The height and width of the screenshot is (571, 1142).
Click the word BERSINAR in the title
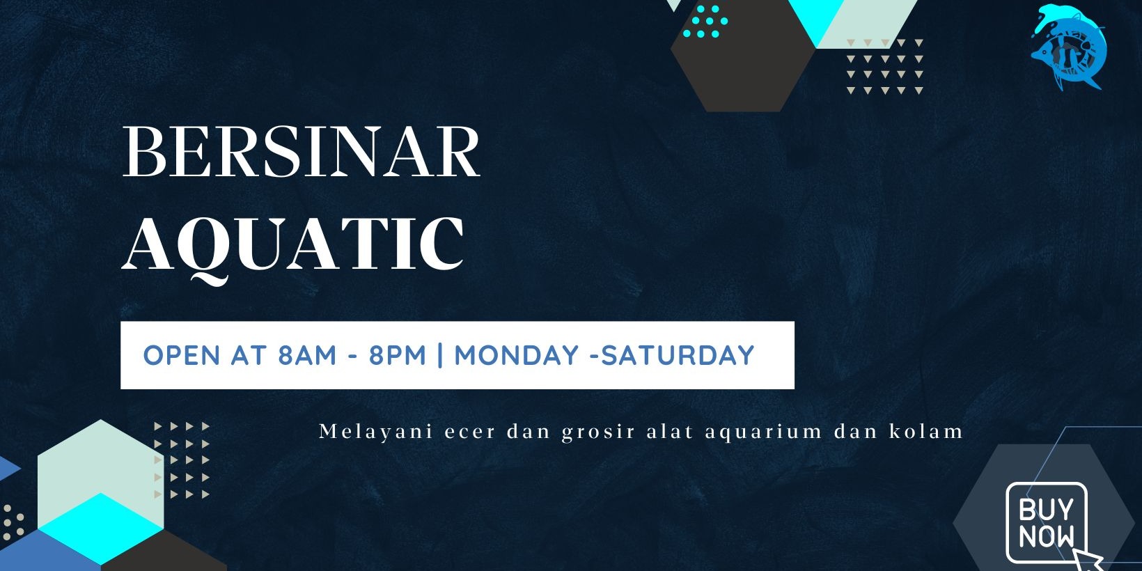302,152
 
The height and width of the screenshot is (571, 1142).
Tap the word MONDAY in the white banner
517,355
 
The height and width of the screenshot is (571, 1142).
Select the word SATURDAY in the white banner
678,355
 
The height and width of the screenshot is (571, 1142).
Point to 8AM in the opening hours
307,355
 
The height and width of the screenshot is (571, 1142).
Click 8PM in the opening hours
398,355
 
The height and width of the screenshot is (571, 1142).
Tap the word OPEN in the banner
182,355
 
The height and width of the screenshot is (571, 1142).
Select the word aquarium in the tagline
764,432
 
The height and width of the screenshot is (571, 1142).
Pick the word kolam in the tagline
926,431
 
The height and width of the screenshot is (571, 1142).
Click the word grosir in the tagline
599,432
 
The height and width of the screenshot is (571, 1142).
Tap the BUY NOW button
1046,522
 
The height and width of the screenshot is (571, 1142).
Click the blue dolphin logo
1069,47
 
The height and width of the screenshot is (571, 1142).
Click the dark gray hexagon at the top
744,56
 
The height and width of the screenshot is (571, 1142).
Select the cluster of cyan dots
705,22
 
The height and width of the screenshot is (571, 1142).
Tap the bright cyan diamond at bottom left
101,529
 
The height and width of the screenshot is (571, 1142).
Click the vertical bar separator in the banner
440,355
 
